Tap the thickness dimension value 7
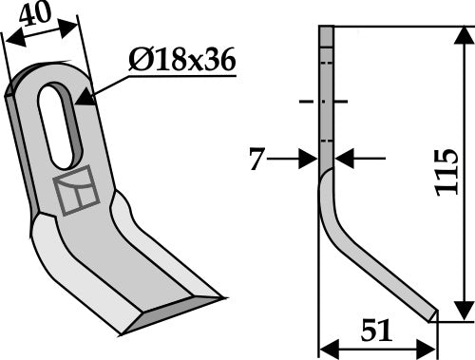(256, 158)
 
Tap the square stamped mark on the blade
(77, 191)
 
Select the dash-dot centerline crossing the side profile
(325, 101)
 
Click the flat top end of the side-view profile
(325, 28)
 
